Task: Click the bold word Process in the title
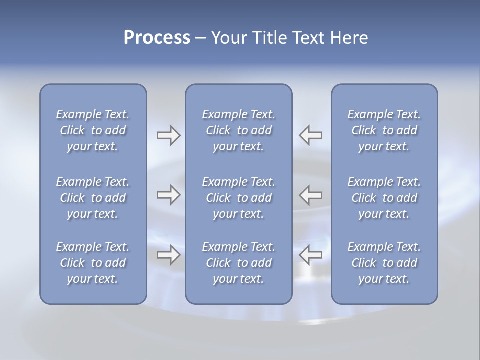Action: pos(157,38)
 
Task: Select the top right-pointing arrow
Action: pos(168,135)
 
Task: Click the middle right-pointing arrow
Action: pos(168,195)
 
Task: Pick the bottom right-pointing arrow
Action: pos(168,255)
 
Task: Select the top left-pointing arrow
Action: pos(311,135)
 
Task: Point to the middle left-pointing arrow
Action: pos(311,195)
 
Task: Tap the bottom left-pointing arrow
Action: pos(311,255)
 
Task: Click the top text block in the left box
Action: pos(93,130)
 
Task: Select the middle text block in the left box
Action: pos(93,198)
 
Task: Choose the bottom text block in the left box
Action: pos(93,263)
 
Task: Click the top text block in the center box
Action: pos(238,130)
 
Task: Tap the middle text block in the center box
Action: pos(238,198)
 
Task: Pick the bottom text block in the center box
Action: pos(238,263)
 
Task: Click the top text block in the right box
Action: pos(384,130)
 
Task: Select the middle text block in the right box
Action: pos(384,198)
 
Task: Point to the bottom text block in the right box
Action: pos(384,263)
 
